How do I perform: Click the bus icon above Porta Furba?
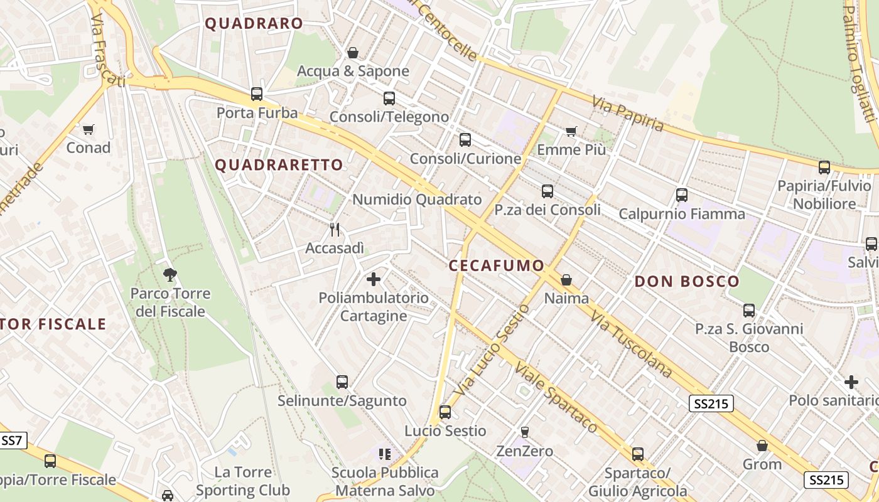pos(256,94)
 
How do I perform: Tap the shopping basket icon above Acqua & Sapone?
pos(353,53)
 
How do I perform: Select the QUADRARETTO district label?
pos(279,165)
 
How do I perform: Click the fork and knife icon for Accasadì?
pos(335,230)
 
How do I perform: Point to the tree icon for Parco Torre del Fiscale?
pos(170,274)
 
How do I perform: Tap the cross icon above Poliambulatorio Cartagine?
pos(374,279)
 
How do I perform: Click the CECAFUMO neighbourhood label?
pos(497,265)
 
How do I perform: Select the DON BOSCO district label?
pos(687,281)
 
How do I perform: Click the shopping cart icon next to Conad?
pos(89,130)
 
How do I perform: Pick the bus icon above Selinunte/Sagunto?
pos(342,382)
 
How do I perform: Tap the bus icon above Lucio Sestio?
pos(445,412)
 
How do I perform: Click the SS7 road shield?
pos(12,441)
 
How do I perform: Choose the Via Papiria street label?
pos(628,114)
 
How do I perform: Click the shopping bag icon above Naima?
pos(566,280)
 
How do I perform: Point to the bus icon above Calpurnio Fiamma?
pos(682,195)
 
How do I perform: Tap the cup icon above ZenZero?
pos(525,432)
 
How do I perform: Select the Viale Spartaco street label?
pos(556,397)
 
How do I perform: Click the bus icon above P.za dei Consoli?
pos(547,191)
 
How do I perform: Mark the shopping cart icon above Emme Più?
pos(571,131)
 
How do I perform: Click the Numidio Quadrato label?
pos(417,200)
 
